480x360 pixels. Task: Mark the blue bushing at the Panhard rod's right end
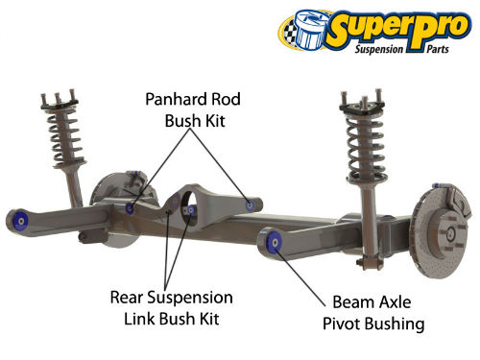pos(251,203)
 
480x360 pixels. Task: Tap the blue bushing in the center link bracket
pos(189,209)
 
